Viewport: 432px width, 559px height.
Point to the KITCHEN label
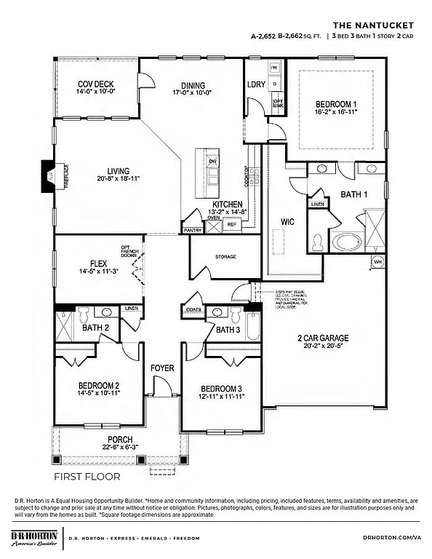pyautogui.click(x=227, y=205)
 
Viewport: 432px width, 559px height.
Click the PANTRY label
pyautogui.click(x=193, y=230)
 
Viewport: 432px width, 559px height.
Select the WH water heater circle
pyautogui.click(x=377, y=261)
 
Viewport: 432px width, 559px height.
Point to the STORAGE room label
pyautogui.click(x=225, y=257)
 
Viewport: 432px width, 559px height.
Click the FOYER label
pyautogui.click(x=162, y=368)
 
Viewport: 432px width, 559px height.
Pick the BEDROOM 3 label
pyautogui.click(x=220, y=387)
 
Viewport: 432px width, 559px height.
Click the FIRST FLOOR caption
pyautogui.click(x=87, y=477)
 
